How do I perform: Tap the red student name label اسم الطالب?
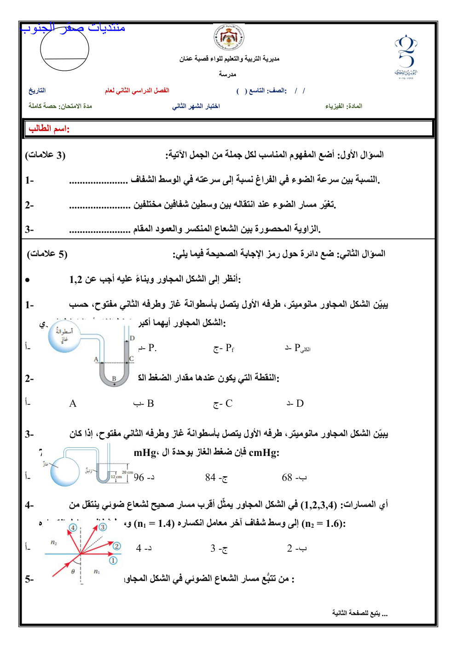[49, 129]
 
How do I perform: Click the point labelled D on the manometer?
[132, 338]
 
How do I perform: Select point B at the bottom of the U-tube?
[114, 379]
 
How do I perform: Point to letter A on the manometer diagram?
[96, 359]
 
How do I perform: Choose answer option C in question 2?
[223, 404]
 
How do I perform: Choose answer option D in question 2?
[295, 404]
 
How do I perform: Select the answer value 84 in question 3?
[216, 478]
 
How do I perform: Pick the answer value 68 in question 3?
[294, 478]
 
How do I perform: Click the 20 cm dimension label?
[127, 473]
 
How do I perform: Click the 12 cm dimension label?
[116, 477]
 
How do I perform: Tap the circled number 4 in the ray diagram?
[73, 528]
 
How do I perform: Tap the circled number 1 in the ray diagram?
[113, 560]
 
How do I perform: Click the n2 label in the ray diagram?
[54, 543]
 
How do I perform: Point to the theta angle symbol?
[73, 572]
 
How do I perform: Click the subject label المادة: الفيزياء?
[343, 106]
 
